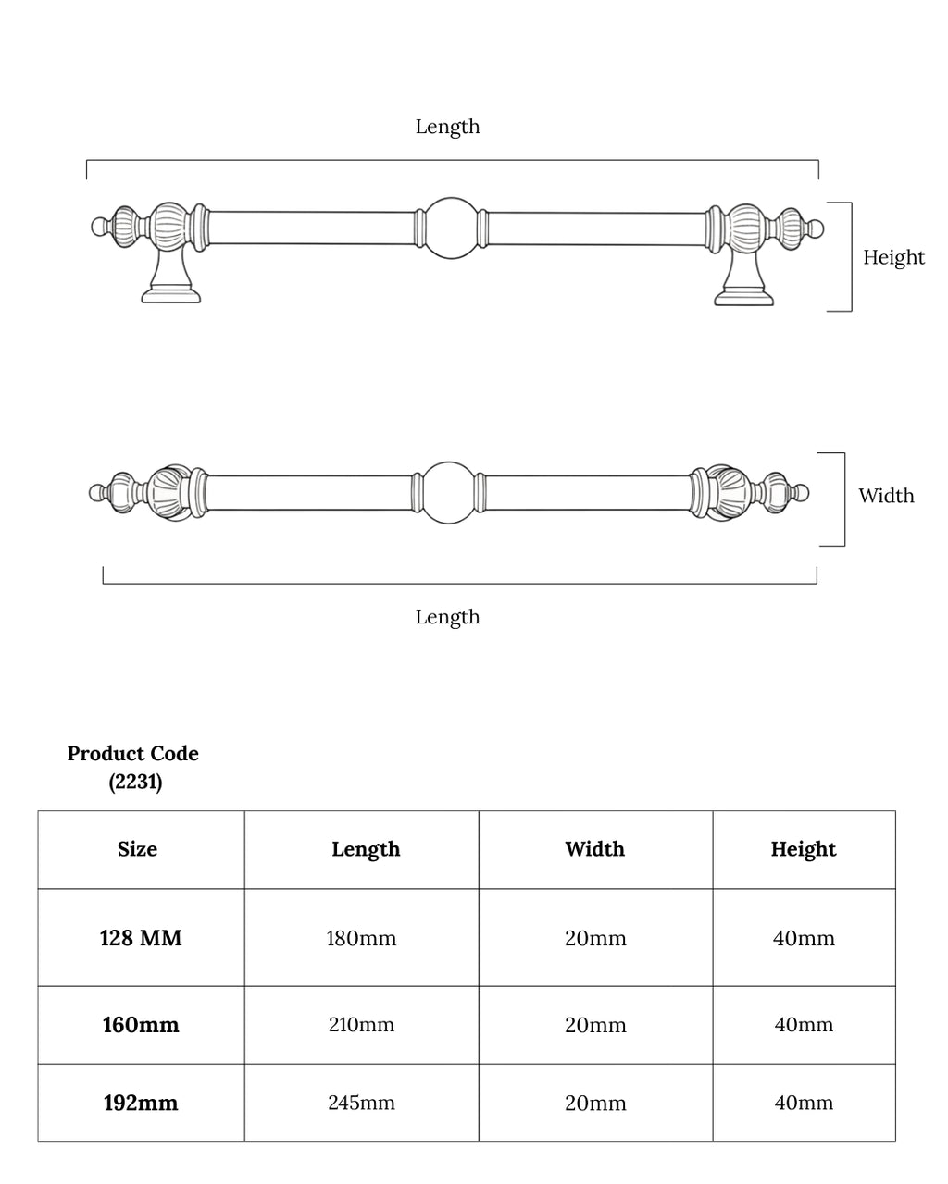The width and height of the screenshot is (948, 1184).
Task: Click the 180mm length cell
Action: [x=361, y=939]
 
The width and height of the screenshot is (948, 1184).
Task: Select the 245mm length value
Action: [x=361, y=1104]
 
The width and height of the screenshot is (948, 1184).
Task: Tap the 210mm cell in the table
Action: [x=361, y=1025]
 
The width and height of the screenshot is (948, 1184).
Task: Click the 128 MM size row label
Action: [x=141, y=939]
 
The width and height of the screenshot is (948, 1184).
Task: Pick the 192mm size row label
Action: [x=140, y=1104]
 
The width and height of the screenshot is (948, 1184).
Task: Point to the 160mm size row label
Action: [x=141, y=1025]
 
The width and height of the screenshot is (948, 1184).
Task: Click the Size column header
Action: [x=137, y=849]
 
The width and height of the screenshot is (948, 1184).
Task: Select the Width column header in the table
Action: [x=595, y=849]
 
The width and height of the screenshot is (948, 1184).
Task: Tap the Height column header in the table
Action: [x=804, y=849]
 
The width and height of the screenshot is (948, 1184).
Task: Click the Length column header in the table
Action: [x=366, y=849]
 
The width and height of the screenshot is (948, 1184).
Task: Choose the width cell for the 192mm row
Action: [x=595, y=1104]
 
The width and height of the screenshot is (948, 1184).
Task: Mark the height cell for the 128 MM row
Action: [x=804, y=939]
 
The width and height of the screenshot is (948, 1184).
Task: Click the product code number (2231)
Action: [x=135, y=783]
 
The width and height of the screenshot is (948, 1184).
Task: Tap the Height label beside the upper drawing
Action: [x=893, y=257]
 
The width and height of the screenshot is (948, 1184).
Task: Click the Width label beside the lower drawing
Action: [x=886, y=496]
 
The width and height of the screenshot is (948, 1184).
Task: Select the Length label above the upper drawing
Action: [x=447, y=127]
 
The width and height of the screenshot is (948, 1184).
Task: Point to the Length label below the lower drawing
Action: [x=447, y=617]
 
